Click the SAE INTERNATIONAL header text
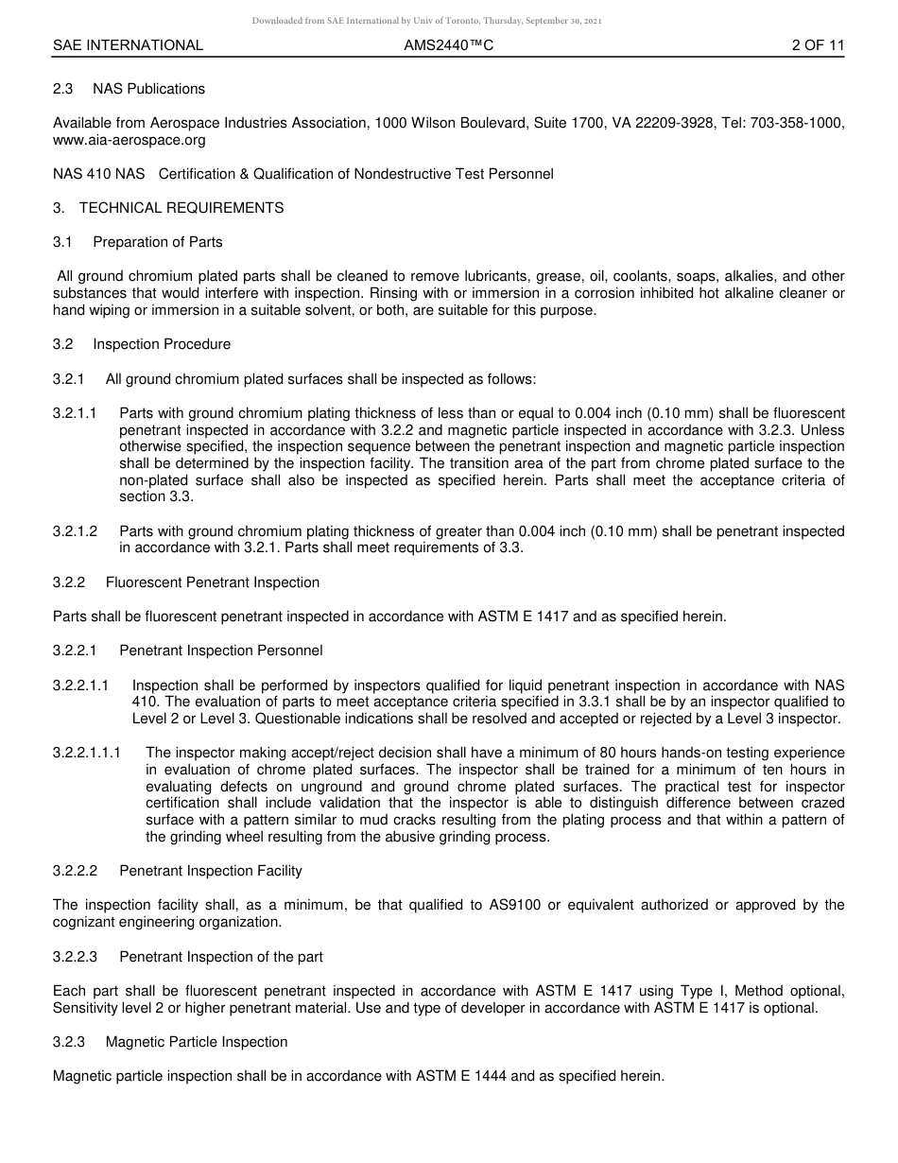128,45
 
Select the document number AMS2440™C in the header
448,45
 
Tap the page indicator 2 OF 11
818,45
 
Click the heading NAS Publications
148,89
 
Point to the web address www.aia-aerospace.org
130,140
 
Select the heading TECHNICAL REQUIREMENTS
181,208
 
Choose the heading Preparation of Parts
158,242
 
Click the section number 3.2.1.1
76,413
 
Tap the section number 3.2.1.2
76,531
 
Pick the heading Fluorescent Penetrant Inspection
213,582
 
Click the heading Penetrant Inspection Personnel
221,651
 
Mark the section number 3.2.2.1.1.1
87,753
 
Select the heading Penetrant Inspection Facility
211,871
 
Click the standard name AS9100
517,905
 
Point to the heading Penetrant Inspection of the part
221,957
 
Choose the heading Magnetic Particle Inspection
197,1042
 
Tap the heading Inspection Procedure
162,344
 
